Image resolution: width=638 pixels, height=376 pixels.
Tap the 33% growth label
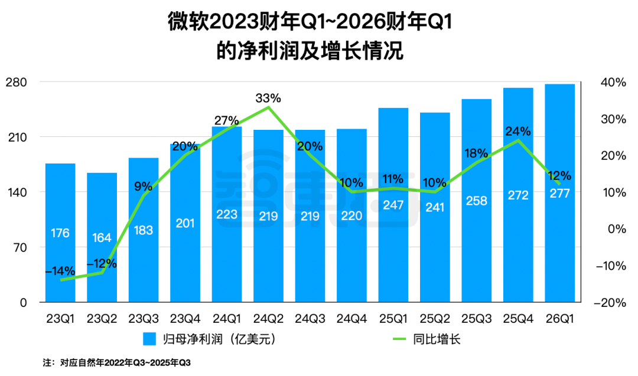point(268,97)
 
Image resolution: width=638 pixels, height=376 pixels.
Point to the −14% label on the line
point(60,271)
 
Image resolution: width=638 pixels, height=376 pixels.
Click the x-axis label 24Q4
point(351,319)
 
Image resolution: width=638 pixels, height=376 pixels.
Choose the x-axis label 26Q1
point(559,319)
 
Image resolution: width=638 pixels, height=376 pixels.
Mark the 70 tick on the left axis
point(21,247)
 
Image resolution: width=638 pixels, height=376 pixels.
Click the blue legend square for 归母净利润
point(149,339)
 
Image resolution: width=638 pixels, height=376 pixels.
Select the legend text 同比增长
point(440,339)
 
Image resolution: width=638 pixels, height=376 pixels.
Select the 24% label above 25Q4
point(518,130)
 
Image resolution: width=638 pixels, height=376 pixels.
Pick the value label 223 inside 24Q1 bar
point(227,214)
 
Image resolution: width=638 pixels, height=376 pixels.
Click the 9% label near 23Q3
point(143,187)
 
